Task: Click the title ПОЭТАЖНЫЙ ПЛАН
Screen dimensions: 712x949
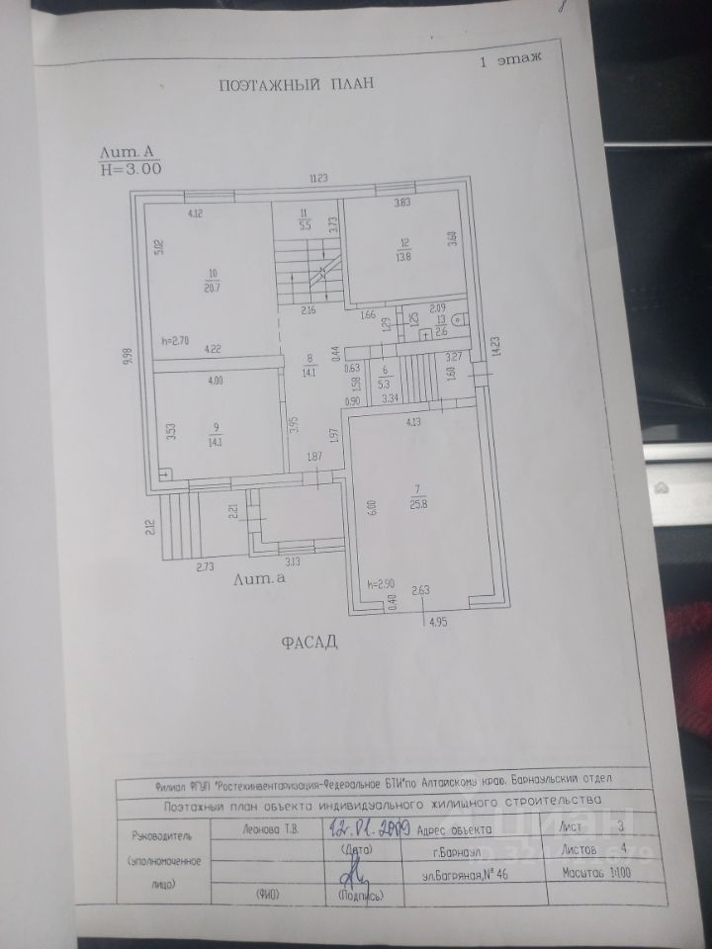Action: [x=297, y=85]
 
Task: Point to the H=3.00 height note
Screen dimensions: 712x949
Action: [x=132, y=169]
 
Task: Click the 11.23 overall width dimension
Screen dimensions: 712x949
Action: [x=317, y=178]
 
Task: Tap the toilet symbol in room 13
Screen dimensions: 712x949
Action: [x=458, y=320]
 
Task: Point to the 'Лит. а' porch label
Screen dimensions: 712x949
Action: [x=261, y=581]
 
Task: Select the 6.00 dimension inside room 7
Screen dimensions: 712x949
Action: [x=372, y=506]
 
